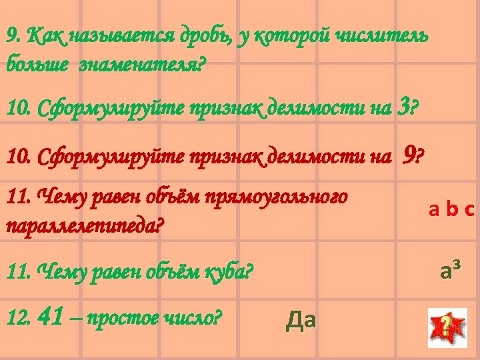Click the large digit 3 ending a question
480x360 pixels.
(x=403, y=105)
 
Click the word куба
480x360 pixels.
(x=224, y=273)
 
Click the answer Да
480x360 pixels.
(x=301, y=321)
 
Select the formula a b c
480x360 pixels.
(x=451, y=211)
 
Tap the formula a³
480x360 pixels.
(x=451, y=271)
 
